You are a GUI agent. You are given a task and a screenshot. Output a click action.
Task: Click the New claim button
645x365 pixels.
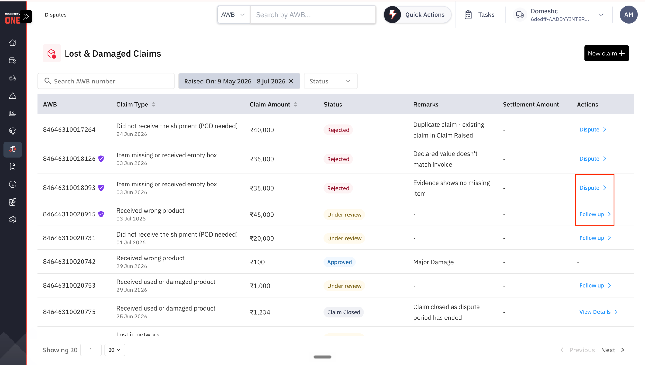606,53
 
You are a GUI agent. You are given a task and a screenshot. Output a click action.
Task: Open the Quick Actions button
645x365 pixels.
417,14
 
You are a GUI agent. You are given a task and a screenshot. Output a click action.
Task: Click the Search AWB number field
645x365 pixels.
106,81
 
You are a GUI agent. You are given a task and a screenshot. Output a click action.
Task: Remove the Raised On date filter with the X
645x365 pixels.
291,81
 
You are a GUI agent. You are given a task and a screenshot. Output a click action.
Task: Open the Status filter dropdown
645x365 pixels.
330,81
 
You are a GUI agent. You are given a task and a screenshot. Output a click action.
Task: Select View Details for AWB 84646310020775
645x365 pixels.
598,312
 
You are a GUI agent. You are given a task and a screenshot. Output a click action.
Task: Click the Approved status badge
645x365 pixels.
340,262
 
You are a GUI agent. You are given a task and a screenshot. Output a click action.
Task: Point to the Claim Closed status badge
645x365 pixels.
344,312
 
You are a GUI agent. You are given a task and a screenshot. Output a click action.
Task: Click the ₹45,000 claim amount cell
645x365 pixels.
262,214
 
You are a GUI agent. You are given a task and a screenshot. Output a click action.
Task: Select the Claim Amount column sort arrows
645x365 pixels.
296,104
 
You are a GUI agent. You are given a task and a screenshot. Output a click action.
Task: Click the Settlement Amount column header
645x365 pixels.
531,104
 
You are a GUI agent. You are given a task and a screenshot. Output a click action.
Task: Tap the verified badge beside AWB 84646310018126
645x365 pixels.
101,158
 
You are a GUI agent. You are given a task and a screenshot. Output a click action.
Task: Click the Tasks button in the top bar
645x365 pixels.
479,14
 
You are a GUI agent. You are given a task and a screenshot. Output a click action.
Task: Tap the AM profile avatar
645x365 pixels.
629,14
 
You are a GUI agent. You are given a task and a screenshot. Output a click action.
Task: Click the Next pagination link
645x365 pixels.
608,350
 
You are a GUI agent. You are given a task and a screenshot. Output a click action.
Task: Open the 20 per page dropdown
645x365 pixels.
115,350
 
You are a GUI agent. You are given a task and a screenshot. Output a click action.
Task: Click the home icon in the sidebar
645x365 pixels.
13,43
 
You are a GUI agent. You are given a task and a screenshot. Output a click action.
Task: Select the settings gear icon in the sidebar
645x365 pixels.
13,220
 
